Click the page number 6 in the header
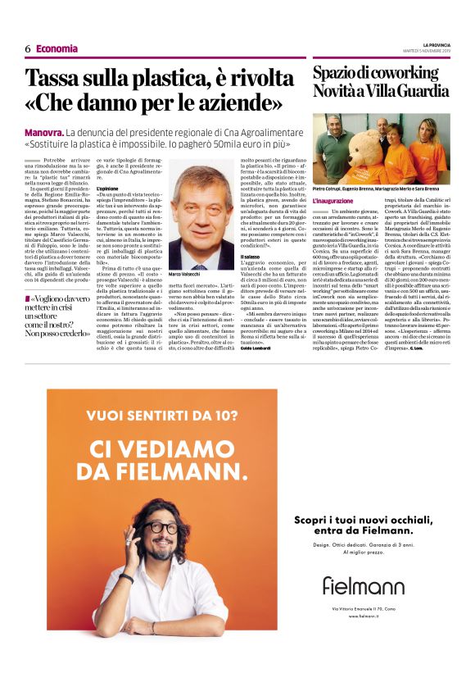click(28, 49)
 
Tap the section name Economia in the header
click(57, 49)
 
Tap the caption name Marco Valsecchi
click(185, 275)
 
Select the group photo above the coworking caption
click(380, 148)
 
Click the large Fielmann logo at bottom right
click(363, 585)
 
